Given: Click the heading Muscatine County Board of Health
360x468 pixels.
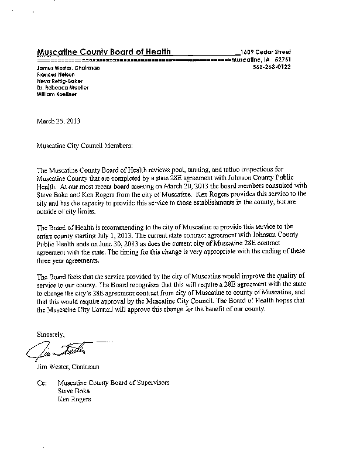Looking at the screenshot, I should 104,52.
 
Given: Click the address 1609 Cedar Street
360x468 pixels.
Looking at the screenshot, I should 265,52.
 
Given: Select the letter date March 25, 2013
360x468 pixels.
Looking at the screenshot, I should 59,122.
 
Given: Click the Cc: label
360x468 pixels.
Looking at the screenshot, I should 41,383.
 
